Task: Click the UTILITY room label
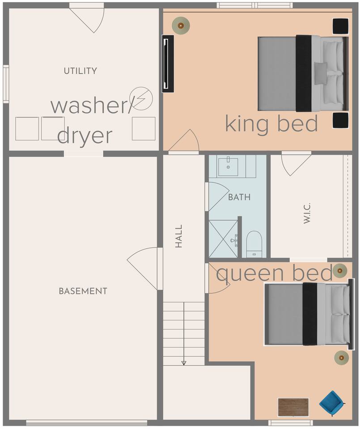tap(80, 71)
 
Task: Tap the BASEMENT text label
tap(83, 291)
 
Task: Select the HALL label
tap(178, 236)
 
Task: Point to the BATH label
tap(239, 197)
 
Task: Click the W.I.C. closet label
tap(307, 213)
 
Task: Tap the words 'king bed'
tap(271, 124)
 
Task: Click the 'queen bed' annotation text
tap(274, 273)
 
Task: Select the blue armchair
tap(332, 403)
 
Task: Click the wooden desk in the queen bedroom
tap(293, 407)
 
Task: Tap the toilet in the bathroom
tap(254, 244)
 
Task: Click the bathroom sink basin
tap(228, 166)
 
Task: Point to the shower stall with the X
tap(223, 239)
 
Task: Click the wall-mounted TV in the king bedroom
tap(168, 64)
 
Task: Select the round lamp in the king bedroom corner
tap(181, 25)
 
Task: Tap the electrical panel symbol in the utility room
tap(141, 98)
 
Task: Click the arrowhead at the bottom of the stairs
tap(184, 363)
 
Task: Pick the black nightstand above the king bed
tap(341, 26)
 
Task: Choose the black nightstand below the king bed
tap(341, 120)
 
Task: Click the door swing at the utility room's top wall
tap(90, 20)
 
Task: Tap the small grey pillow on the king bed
tap(321, 73)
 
